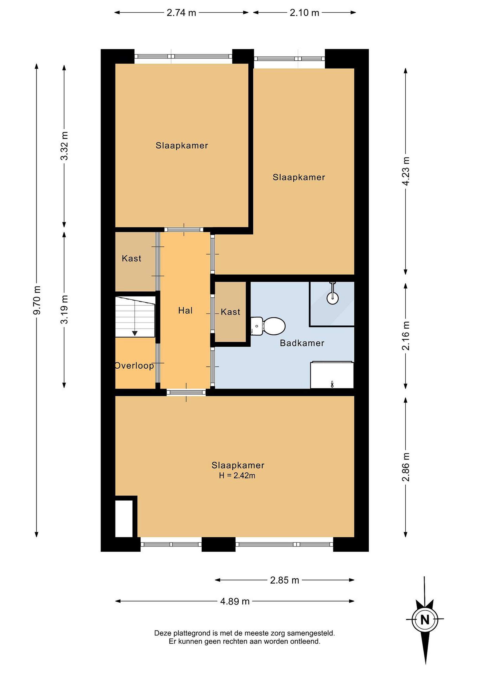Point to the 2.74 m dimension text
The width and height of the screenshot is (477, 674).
coord(181,13)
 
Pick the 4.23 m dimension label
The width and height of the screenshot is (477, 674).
coord(406,171)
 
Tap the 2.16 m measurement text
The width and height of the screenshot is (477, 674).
coord(406,336)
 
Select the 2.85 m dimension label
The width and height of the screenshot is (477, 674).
coord(284,580)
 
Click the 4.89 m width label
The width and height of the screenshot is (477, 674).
coord(235,601)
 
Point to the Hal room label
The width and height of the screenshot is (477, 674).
coord(185,311)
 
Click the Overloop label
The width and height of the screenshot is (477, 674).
coord(134,366)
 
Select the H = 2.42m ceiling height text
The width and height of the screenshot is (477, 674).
coord(237,476)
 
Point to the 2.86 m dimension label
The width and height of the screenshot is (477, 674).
coord(406,467)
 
